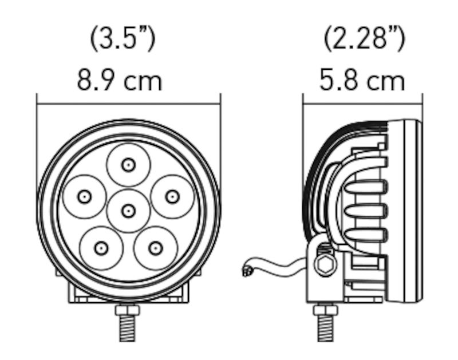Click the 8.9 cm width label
(x=120, y=80)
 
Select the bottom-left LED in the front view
(x=101, y=248)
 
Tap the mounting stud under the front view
(x=128, y=338)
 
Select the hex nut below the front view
(x=128, y=311)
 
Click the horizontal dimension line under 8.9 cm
(x=128, y=104)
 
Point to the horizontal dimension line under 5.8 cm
(x=362, y=104)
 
